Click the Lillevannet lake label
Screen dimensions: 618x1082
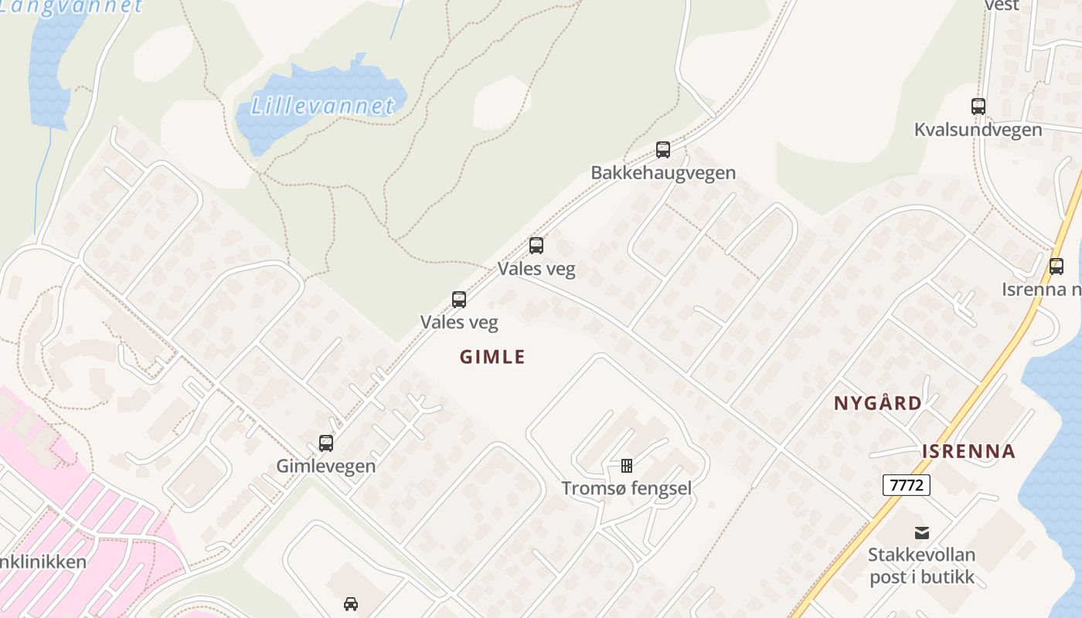[x=322, y=105]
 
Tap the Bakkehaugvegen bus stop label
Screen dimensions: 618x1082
[x=663, y=172]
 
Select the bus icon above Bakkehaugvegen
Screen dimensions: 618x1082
[x=663, y=150]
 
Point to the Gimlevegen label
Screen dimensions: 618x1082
[x=326, y=466]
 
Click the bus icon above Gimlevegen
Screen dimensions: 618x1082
[x=326, y=443]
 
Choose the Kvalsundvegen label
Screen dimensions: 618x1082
[x=978, y=129]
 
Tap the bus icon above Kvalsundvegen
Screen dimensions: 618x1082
[x=978, y=107]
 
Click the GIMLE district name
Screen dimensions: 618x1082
[x=492, y=357]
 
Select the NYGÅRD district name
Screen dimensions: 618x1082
[x=878, y=402]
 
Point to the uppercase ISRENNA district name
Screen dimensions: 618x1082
[x=968, y=452]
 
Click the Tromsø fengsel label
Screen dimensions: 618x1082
[x=626, y=488]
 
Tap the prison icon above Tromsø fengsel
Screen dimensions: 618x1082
[x=627, y=466]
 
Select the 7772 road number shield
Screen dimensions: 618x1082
[x=906, y=485]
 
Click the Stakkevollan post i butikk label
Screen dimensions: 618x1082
[x=921, y=565]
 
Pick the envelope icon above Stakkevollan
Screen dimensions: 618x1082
[x=922, y=532]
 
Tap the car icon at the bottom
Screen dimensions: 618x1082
[x=351, y=603]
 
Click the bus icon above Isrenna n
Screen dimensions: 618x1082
[x=1056, y=267]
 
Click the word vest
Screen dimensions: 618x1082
[x=1002, y=5]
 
